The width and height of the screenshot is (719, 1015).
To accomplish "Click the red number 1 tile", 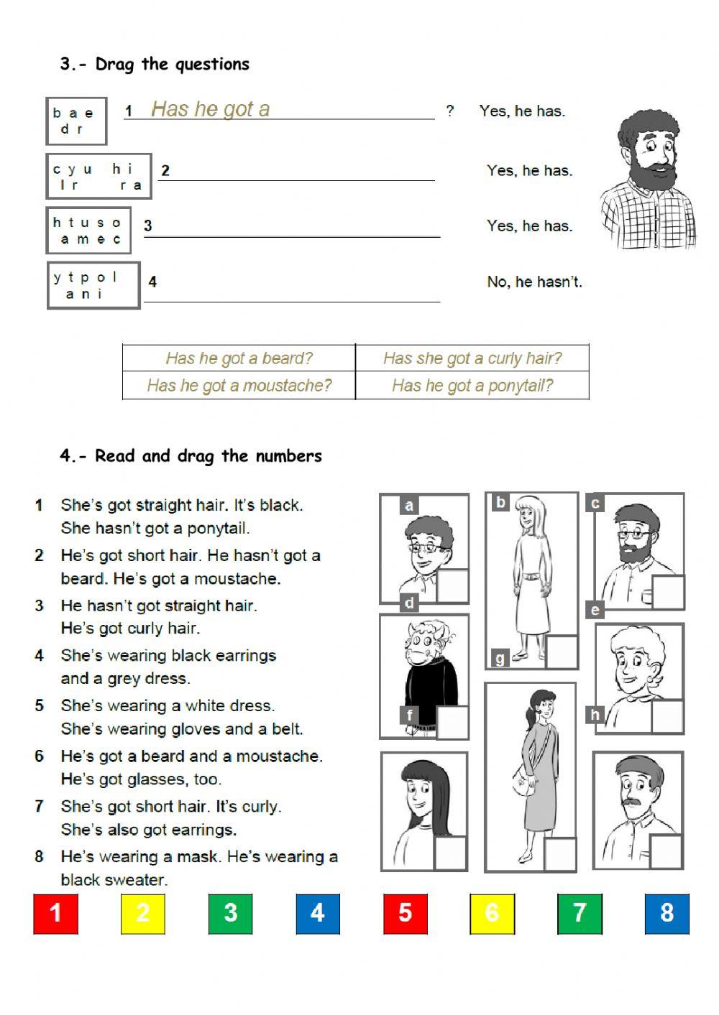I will pyautogui.click(x=55, y=913).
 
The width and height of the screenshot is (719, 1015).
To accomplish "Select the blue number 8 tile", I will pyautogui.click(x=667, y=913).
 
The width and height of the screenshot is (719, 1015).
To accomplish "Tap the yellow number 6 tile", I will pyautogui.click(x=493, y=913).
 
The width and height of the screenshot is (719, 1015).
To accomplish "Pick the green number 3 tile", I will pyautogui.click(x=230, y=913).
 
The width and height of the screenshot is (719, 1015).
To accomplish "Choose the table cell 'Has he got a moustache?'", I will pyautogui.click(x=239, y=386).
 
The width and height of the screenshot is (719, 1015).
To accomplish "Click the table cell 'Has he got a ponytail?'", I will pyautogui.click(x=472, y=386).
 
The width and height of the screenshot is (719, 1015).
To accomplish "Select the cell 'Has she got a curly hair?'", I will pyautogui.click(x=472, y=358).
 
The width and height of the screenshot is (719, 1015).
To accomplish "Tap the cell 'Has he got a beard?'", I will pyautogui.click(x=239, y=358).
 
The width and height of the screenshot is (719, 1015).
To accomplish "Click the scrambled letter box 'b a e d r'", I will pyautogui.click(x=76, y=121).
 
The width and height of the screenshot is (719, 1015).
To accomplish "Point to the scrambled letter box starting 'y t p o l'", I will pyautogui.click(x=93, y=286).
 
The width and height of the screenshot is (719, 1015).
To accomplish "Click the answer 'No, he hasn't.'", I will pyautogui.click(x=534, y=282).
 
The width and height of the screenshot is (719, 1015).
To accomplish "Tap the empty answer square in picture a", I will pyautogui.click(x=452, y=585).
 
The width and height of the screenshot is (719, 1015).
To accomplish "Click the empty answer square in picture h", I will pyautogui.click(x=666, y=851).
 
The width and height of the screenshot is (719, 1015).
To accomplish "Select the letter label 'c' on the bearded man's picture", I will pyautogui.click(x=595, y=503).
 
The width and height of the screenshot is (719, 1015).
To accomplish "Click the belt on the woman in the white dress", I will pyautogui.click(x=531, y=575).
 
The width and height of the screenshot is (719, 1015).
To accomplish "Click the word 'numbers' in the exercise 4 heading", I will pyautogui.click(x=292, y=456).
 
